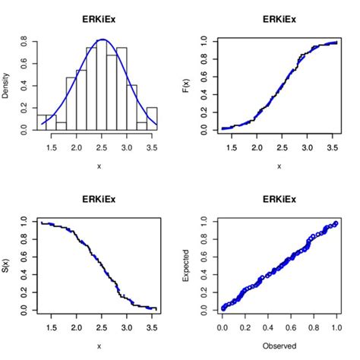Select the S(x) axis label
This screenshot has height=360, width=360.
click(x=6, y=266)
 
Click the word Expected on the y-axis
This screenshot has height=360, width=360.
click(x=187, y=266)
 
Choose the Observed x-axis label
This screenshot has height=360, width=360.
click(x=279, y=346)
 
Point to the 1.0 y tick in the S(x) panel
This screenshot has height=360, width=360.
click(x=25, y=221)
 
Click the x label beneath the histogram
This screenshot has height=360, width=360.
click(x=99, y=166)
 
